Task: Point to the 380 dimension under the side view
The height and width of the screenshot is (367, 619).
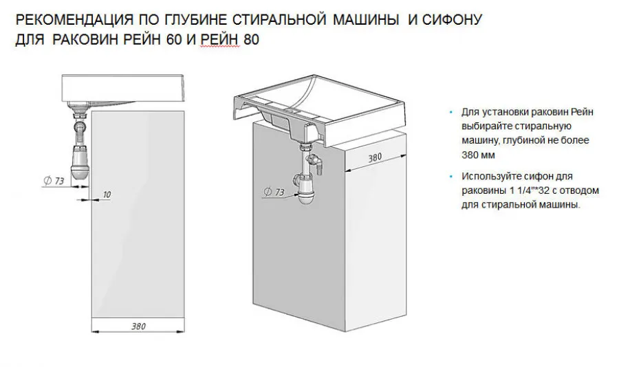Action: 138,326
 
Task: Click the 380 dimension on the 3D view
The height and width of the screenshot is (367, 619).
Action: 374,157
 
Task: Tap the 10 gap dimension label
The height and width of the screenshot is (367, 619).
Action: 106,194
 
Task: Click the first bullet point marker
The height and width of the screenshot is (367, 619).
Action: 451,112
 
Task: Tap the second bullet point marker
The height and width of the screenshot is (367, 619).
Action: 451,177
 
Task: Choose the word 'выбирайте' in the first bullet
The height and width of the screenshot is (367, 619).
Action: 483,126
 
